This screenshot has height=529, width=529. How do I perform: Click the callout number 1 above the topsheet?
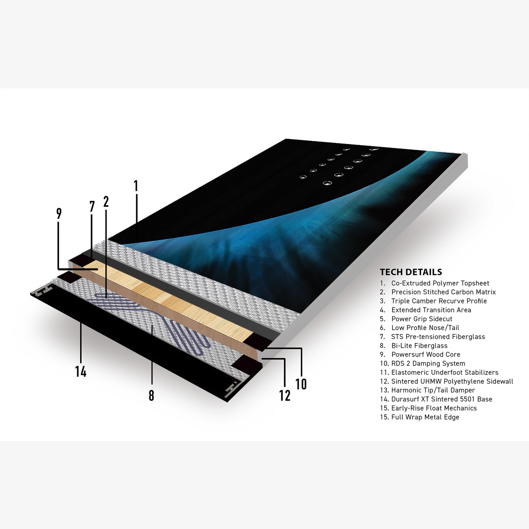(135, 186)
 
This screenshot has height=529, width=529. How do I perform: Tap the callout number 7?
(92, 207)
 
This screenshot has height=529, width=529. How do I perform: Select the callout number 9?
(59, 213)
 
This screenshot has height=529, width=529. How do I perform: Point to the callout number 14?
(81, 372)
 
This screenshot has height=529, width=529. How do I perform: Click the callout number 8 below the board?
(151, 396)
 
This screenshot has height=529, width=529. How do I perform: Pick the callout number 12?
(285, 396)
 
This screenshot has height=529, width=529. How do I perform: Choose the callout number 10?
(301, 384)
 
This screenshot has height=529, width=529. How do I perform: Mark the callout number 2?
(106, 202)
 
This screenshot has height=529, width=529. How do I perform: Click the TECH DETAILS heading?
(411, 272)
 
